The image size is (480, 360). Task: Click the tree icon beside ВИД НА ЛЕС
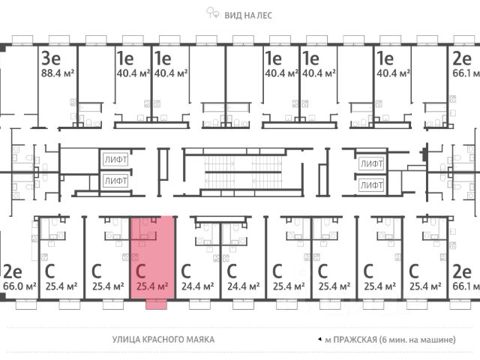213,13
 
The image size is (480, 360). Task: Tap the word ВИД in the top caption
233,13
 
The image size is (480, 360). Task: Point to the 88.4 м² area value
57,73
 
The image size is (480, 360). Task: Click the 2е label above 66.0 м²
11,271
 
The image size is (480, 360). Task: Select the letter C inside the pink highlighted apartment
140,271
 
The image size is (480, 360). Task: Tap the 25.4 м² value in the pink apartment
153,286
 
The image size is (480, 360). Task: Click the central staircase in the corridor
232,171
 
